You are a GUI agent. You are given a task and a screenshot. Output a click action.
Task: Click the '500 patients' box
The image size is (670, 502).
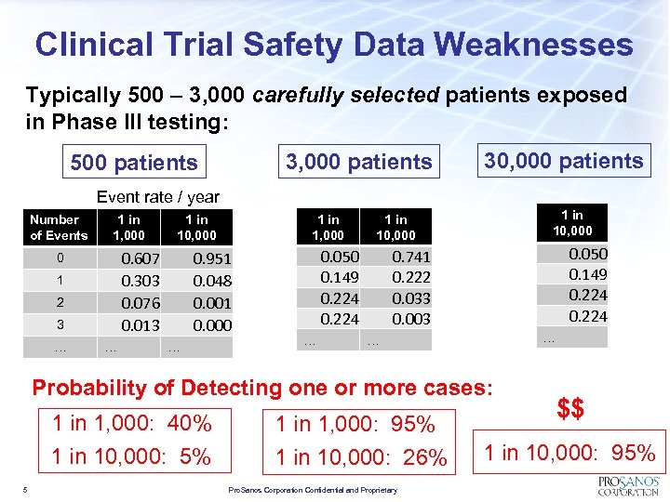(134, 163)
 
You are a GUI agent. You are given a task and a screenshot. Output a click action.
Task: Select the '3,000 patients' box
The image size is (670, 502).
(358, 162)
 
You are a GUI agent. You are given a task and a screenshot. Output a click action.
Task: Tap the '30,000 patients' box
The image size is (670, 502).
(564, 161)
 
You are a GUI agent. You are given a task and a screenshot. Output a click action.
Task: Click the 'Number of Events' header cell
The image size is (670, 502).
(58, 228)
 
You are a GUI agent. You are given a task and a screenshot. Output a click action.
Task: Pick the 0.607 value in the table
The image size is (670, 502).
(141, 258)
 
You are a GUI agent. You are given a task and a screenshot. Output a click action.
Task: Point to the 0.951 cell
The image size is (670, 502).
(211, 258)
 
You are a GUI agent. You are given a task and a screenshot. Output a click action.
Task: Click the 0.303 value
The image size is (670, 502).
(141, 281)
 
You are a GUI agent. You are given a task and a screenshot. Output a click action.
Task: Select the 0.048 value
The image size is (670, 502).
(211, 281)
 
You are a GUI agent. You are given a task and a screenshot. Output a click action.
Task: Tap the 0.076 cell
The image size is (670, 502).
(141, 303)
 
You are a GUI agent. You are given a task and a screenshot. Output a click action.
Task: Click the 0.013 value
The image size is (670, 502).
(141, 325)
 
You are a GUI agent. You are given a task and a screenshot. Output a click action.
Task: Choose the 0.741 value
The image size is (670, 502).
(410, 257)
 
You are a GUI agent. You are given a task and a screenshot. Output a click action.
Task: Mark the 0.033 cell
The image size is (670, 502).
(410, 298)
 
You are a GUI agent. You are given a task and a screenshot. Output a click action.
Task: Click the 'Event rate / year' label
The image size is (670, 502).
(158, 196)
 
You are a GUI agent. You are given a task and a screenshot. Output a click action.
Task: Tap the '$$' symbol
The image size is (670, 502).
(570, 409)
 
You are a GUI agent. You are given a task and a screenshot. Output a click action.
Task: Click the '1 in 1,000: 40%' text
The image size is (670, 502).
(132, 424)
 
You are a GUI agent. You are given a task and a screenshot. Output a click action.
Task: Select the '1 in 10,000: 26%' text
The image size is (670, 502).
(361, 457)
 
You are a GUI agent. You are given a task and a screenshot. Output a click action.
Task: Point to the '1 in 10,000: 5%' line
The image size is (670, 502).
(131, 456)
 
